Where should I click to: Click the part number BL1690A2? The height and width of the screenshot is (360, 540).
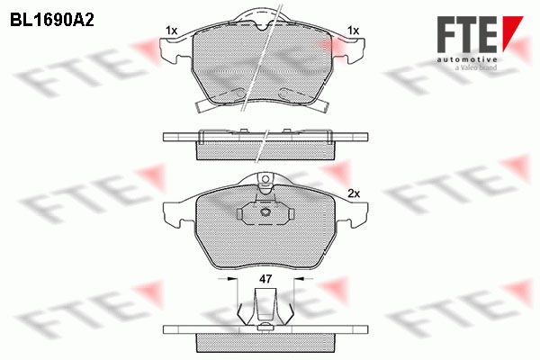52,21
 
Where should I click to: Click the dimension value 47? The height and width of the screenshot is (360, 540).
265,279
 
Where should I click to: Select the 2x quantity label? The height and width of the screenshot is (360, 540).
354,194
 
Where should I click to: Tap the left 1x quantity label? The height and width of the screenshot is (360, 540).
171,31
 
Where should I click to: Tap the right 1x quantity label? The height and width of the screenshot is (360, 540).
354,31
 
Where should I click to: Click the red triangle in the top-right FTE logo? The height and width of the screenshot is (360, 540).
511,31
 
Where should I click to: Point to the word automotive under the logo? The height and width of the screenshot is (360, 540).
467,60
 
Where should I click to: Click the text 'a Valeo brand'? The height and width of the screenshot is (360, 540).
476,67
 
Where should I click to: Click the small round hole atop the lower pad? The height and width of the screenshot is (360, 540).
265,179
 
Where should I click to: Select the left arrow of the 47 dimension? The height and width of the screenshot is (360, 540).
228,278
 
